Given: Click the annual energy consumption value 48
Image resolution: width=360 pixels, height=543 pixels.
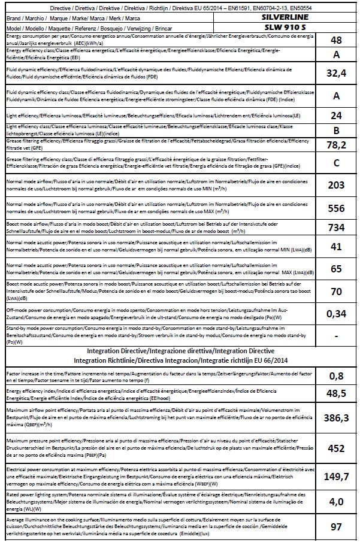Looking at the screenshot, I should pos(336,40).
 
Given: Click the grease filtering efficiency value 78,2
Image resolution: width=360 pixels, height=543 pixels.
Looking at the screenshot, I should pos(336,144).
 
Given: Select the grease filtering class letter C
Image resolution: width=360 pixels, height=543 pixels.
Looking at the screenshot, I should pos(336,162).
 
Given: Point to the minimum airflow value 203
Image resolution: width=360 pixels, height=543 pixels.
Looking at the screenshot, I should pos(336,185).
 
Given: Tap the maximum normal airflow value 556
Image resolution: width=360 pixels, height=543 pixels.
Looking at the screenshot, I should pos(336,208).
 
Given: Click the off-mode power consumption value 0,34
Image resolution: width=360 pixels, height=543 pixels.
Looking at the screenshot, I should pos(336,313).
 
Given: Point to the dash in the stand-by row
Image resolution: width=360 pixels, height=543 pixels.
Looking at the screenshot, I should pos(336,333).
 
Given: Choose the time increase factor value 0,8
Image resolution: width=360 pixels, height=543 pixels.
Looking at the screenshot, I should pos(336,375).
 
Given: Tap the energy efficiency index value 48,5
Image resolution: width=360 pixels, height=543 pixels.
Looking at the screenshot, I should pos(336,395).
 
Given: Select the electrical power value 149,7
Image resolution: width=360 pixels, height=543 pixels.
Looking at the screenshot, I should pos(336,476).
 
